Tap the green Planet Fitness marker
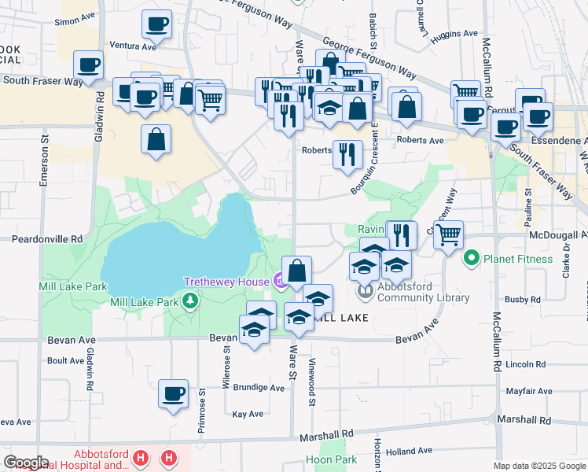click(x=472, y=257)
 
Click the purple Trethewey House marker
click(x=280, y=281)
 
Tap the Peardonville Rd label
click(x=46, y=238)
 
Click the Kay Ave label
click(x=248, y=414)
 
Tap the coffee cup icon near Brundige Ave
click(x=174, y=394)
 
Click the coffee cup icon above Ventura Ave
click(x=156, y=24)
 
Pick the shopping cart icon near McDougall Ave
click(x=448, y=234)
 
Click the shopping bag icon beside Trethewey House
click(x=296, y=271)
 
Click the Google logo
click(x=25, y=463)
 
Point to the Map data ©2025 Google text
click(x=539, y=466)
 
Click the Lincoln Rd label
click(x=525, y=365)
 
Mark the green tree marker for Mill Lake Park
click(x=189, y=301)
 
